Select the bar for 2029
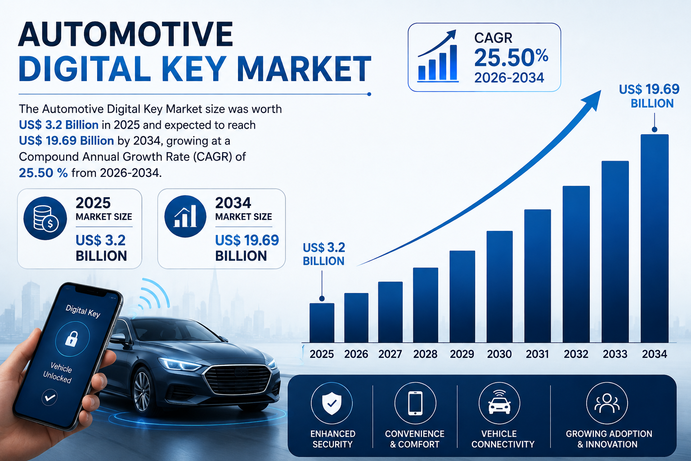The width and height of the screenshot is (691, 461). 462,296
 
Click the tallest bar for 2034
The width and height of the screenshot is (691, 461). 655,238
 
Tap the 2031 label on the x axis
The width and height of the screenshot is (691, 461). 538,354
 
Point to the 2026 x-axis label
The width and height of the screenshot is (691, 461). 356,354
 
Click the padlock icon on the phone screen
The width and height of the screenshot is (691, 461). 71,338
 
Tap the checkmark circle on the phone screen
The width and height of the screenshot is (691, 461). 49,397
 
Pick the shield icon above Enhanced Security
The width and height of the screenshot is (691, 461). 332,403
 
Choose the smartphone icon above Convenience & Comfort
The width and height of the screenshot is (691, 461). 415,403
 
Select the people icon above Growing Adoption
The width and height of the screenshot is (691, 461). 607,403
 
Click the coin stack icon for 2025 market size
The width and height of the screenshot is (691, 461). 45,218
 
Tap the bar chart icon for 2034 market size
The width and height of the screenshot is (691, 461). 185,216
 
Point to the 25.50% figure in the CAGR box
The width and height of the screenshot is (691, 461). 511,58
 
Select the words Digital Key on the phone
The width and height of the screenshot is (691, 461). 83,311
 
